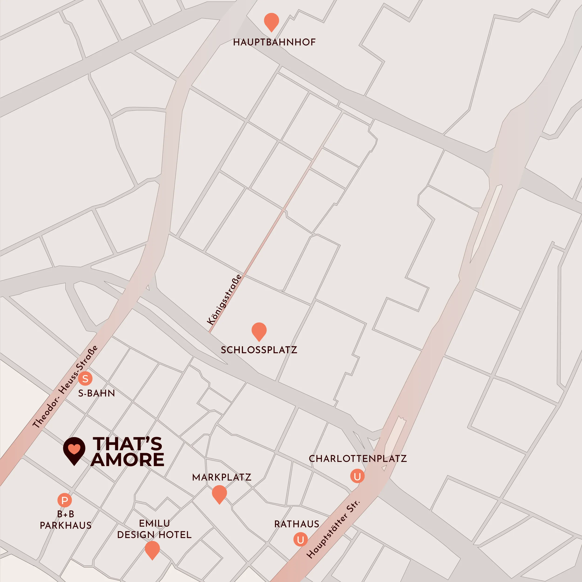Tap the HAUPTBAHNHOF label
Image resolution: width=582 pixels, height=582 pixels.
(x=274, y=42)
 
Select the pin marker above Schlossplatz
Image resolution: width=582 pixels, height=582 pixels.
(x=259, y=331)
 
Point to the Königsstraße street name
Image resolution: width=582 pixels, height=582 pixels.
(x=224, y=299)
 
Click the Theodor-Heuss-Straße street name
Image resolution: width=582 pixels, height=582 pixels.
(x=65, y=386)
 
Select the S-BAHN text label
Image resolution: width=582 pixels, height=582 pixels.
(x=96, y=393)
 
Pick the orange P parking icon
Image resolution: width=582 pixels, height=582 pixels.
(x=64, y=500)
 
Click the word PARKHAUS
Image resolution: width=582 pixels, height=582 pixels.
(x=66, y=526)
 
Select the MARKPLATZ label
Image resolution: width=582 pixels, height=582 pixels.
(x=222, y=477)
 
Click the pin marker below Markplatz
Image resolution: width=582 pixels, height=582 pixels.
(x=219, y=494)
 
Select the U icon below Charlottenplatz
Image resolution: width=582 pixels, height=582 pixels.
(x=357, y=476)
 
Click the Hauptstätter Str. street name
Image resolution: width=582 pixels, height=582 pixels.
(x=333, y=529)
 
